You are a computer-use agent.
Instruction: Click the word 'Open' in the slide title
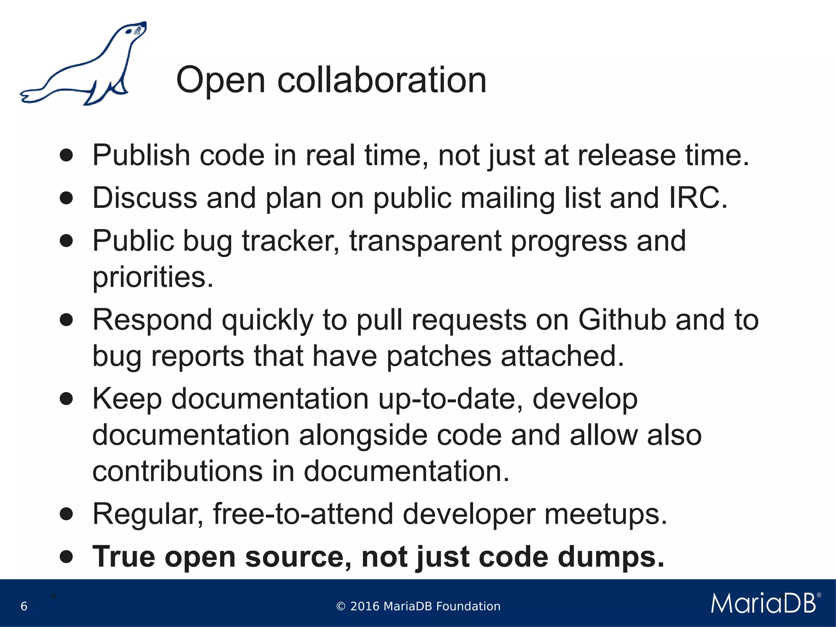coord(220,80)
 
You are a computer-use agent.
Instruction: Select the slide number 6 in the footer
coord(24,606)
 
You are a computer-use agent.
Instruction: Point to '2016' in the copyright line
coord(365,606)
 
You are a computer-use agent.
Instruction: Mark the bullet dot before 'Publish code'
coord(66,156)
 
